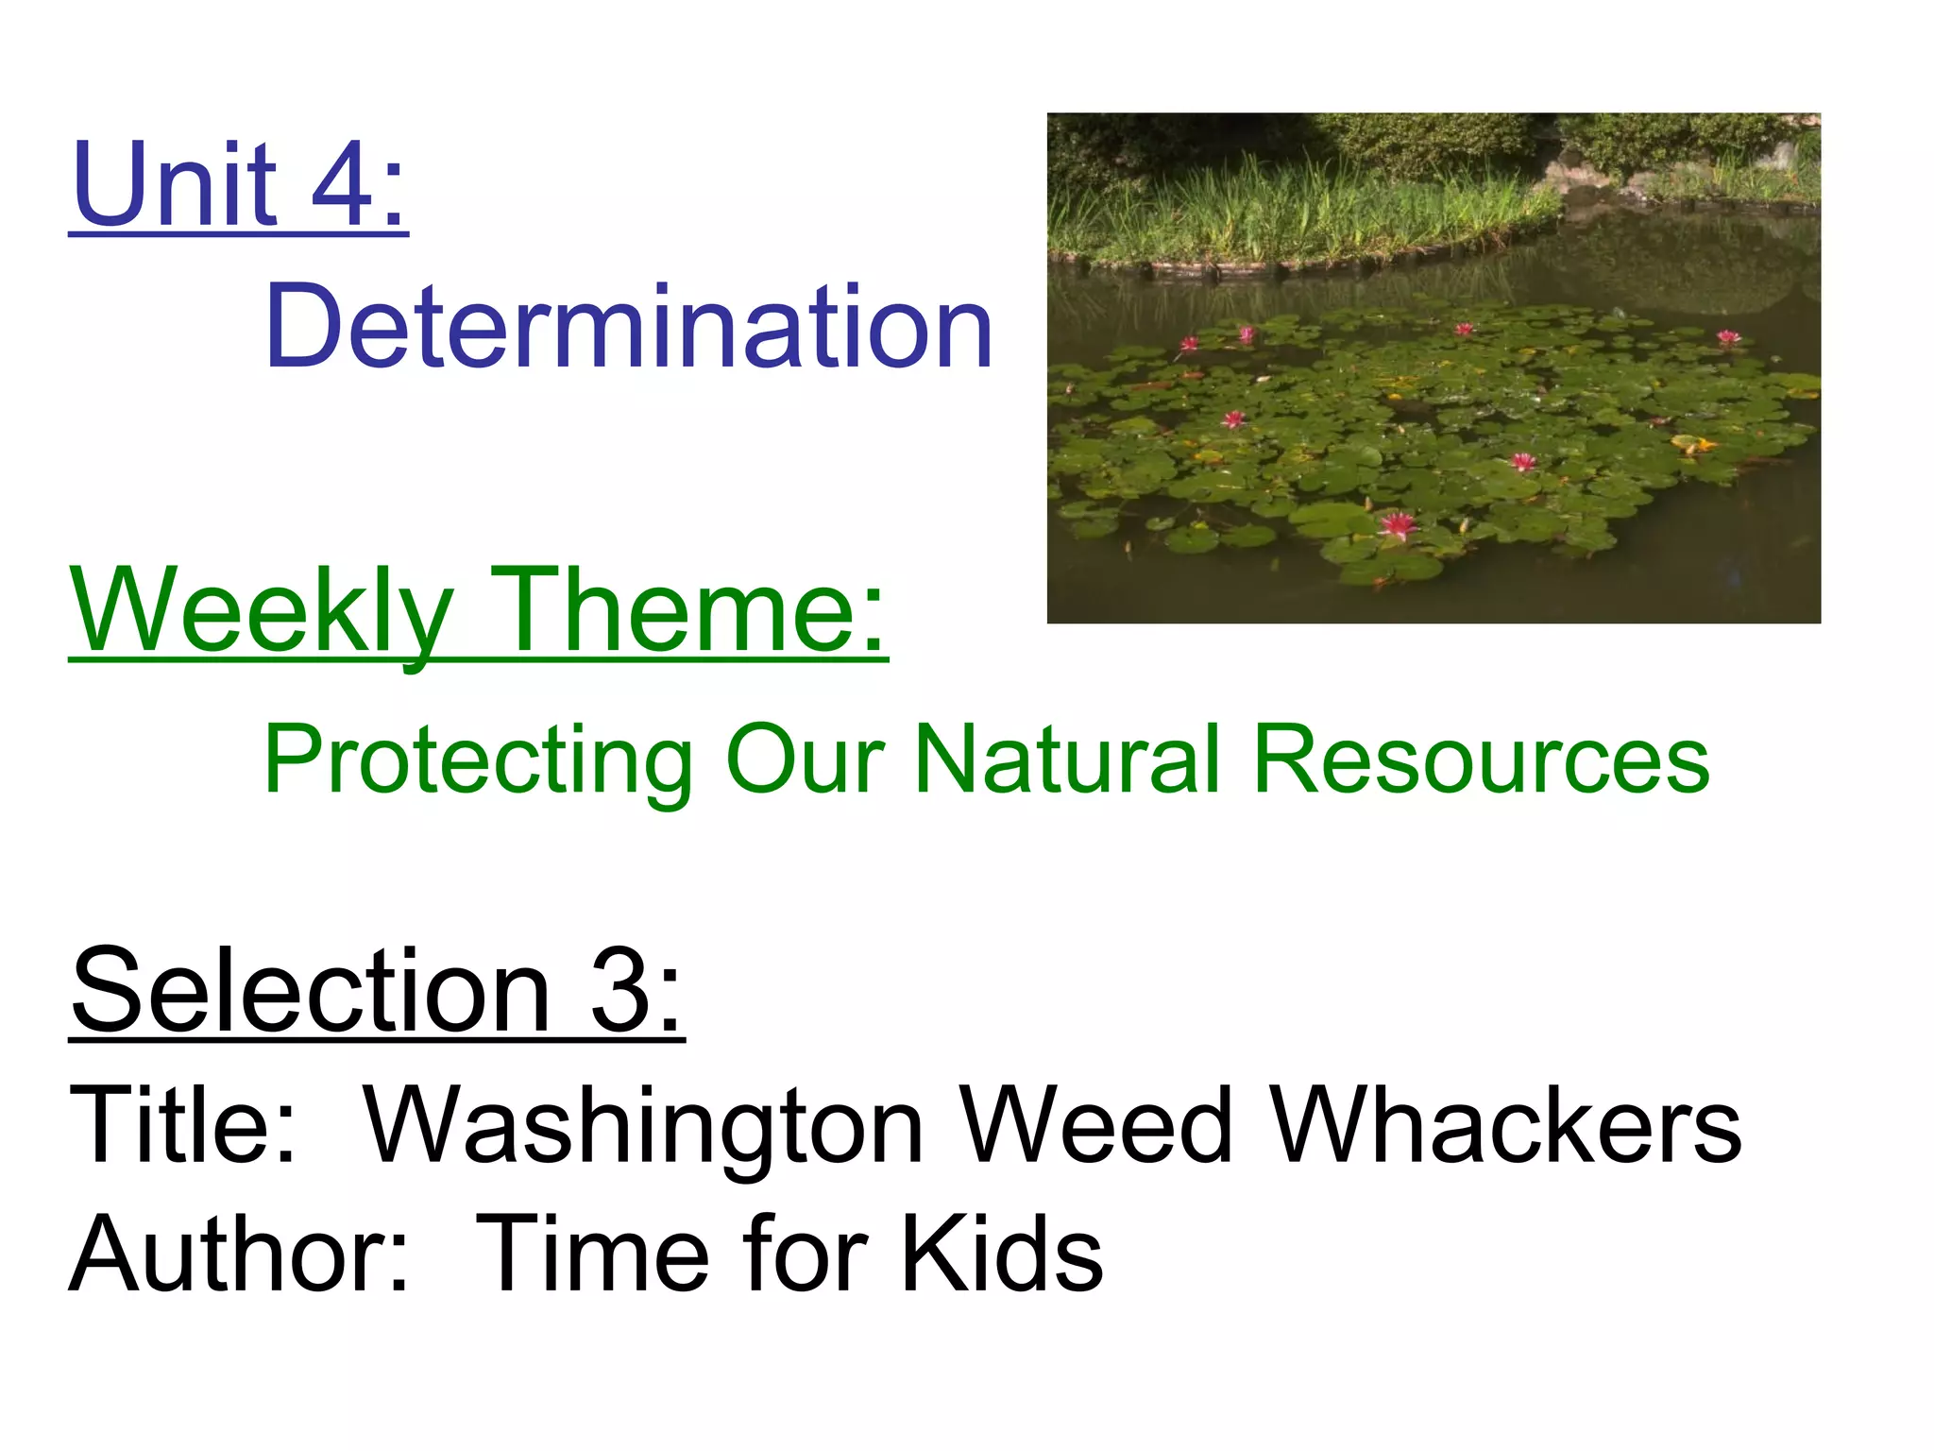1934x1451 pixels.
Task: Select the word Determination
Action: (x=628, y=328)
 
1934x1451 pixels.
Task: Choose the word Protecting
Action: (x=478, y=760)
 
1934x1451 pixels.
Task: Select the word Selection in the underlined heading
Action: (x=311, y=992)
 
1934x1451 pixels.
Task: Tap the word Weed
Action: (x=1095, y=1124)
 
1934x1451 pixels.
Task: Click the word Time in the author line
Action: (x=591, y=1255)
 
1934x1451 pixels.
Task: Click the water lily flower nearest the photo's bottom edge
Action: (x=1398, y=525)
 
